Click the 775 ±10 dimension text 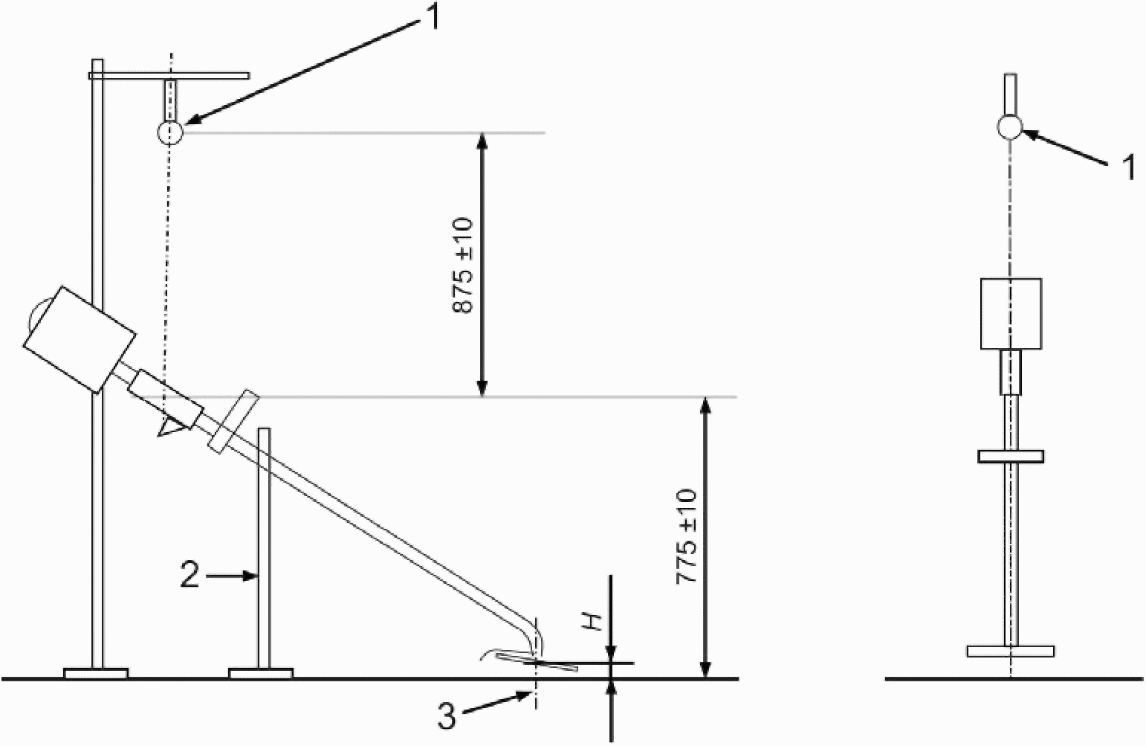point(686,536)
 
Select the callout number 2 point(190,576)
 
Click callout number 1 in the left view point(431,16)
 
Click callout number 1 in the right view point(1129,168)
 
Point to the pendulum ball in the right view point(1009,127)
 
